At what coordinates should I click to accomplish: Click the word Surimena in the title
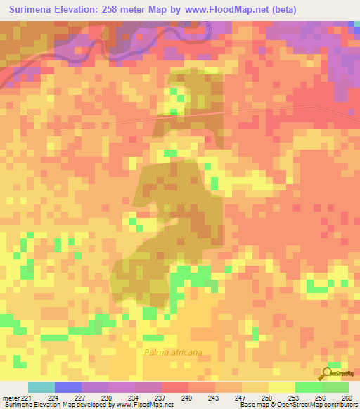[34, 9]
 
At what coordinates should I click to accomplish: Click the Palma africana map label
[172, 353]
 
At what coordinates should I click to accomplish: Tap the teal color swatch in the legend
[41, 387]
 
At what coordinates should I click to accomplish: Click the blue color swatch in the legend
[68, 387]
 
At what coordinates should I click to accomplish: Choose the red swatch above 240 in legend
[175, 387]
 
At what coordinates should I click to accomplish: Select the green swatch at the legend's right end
[335, 387]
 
